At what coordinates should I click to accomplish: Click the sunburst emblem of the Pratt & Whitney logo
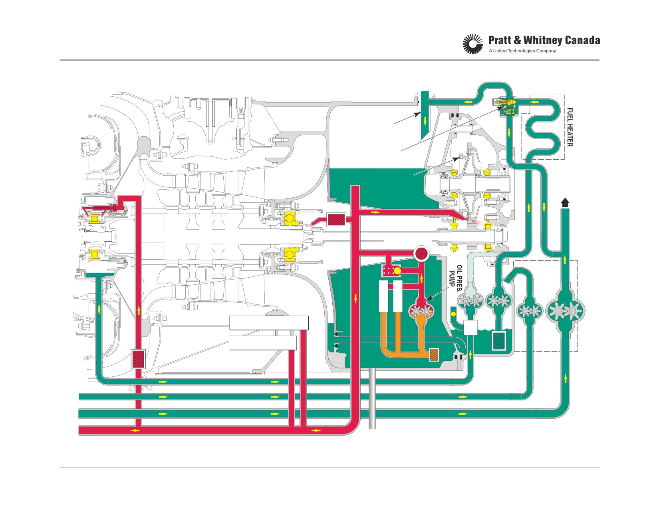(x=473, y=44)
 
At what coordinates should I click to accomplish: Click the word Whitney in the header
(x=540, y=40)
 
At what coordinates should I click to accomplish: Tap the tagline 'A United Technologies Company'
(x=522, y=51)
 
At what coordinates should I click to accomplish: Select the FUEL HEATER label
(x=570, y=127)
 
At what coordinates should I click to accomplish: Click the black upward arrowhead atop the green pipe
(x=565, y=203)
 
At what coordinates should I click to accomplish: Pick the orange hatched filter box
(x=434, y=354)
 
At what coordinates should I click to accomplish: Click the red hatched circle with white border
(x=422, y=253)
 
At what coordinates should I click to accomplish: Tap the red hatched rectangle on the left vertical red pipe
(x=138, y=359)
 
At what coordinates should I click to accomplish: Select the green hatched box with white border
(x=499, y=341)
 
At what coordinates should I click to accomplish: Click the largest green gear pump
(x=565, y=311)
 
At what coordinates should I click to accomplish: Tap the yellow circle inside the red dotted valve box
(x=397, y=271)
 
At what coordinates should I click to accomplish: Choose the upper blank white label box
(x=269, y=323)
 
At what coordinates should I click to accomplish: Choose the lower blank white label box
(x=263, y=343)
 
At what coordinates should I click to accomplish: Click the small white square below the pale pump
(x=470, y=328)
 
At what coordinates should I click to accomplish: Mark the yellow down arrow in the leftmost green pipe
(x=99, y=310)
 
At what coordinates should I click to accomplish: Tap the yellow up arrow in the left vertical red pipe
(x=139, y=310)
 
